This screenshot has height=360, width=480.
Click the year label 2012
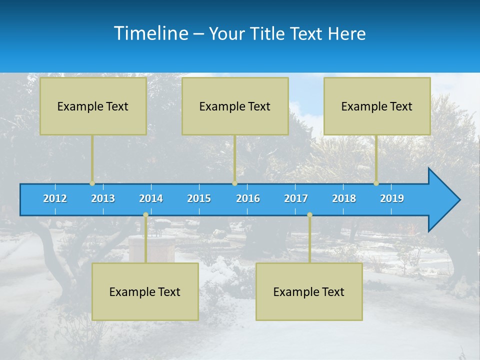click(x=55, y=198)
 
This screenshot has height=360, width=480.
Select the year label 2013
click(x=103, y=198)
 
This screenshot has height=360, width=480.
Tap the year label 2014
click(x=151, y=198)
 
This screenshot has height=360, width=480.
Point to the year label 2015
click(x=199, y=198)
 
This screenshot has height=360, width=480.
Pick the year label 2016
click(x=248, y=198)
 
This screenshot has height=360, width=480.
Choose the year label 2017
click(x=296, y=198)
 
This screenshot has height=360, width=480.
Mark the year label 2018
click(x=344, y=198)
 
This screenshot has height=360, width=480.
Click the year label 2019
click(x=392, y=198)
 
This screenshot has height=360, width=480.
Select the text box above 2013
click(x=93, y=106)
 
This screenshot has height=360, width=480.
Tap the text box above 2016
click(x=235, y=106)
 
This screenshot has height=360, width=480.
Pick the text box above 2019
click(x=377, y=106)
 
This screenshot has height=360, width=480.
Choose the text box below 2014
click(x=145, y=291)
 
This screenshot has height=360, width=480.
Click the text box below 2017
click(x=309, y=291)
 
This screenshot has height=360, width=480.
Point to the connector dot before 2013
click(x=92, y=183)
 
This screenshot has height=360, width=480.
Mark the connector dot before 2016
click(x=234, y=183)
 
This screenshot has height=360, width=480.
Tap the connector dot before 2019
click(x=376, y=183)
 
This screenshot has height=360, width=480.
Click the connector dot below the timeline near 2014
click(x=145, y=215)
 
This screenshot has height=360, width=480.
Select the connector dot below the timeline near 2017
click(x=309, y=215)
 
